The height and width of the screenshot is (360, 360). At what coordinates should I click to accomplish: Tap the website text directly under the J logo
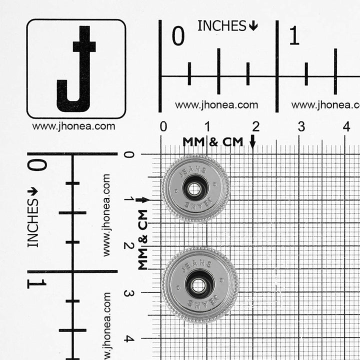[73, 126]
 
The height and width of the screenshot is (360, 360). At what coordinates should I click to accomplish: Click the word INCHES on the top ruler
[222, 25]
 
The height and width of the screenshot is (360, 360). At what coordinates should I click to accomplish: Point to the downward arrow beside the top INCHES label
[253, 25]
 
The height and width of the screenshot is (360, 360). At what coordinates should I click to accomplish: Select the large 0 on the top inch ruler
[178, 35]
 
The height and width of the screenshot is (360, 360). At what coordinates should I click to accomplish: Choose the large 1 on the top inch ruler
[294, 35]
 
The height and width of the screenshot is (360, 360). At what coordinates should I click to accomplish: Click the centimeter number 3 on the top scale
[301, 126]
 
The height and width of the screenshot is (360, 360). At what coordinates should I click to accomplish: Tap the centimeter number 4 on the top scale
[346, 126]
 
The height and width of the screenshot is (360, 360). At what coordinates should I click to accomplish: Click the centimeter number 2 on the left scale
[129, 246]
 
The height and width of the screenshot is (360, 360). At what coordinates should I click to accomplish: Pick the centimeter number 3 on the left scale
[129, 293]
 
